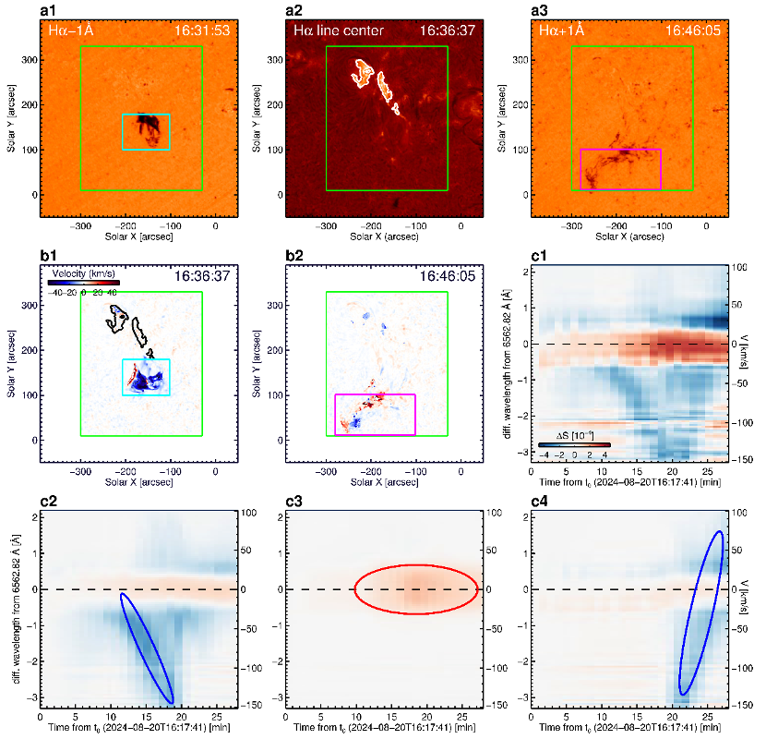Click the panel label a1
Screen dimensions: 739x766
click(x=48, y=10)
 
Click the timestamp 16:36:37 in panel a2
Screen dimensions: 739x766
click(x=448, y=31)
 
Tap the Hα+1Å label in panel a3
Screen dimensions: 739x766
click(x=562, y=31)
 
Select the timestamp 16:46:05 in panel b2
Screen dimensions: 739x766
click(x=448, y=276)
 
